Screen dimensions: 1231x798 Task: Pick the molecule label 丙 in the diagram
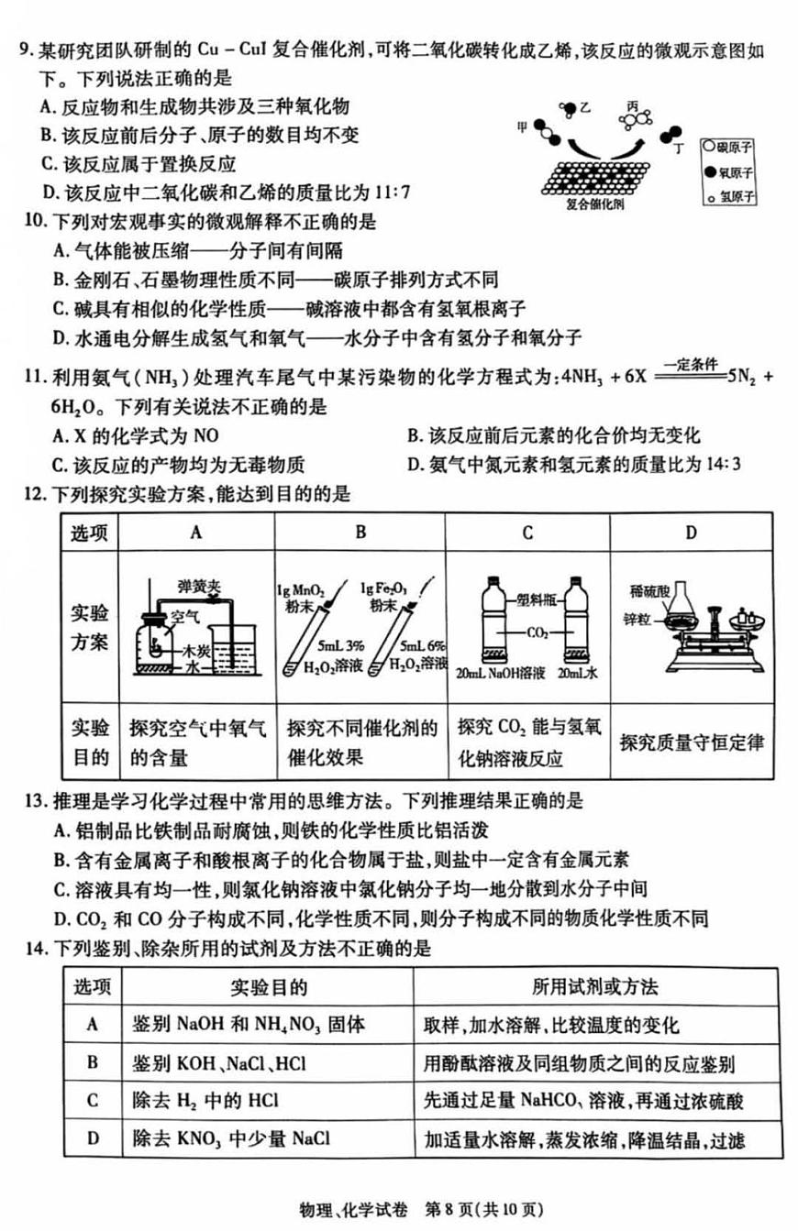(631, 106)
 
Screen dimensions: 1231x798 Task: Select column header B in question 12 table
(360, 533)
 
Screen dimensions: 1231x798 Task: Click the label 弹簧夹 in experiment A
(195, 583)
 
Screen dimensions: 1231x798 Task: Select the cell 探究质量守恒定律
(692, 742)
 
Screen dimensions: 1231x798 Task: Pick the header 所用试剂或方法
(594, 986)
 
